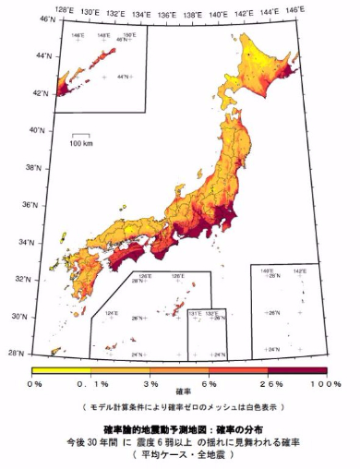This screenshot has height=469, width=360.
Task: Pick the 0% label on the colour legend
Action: [35, 382]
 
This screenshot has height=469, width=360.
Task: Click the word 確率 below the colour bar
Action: [181, 391]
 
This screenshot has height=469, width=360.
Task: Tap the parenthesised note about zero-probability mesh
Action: [181, 406]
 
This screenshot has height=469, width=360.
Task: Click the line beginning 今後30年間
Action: [181, 442]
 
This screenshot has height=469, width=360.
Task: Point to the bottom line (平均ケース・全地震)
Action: [181, 455]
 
